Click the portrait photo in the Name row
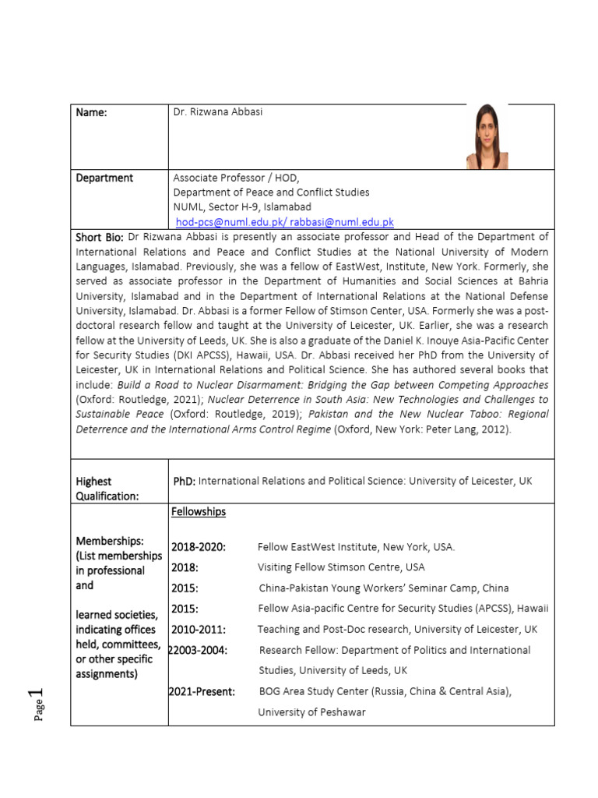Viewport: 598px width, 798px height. click(487, 136)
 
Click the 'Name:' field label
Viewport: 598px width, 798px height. click(91, 113)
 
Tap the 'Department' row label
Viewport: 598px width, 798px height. click(104, 178)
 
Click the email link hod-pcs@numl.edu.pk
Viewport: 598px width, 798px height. click(221, 222)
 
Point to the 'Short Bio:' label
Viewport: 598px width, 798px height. click(100, 237)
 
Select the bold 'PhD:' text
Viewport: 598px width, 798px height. click(185, 482)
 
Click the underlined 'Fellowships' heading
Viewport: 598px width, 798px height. click(199, 512)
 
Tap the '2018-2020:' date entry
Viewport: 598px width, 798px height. click(199, 547)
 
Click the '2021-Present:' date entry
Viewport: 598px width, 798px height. click(202, 691)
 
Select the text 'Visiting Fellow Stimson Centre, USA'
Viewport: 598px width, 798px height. click(341, 567)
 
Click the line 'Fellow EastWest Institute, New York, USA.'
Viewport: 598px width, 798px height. click(356, 547)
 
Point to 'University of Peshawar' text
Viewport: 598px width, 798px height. click(311, 711)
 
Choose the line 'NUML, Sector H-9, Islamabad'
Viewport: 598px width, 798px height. click(242, 207)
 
